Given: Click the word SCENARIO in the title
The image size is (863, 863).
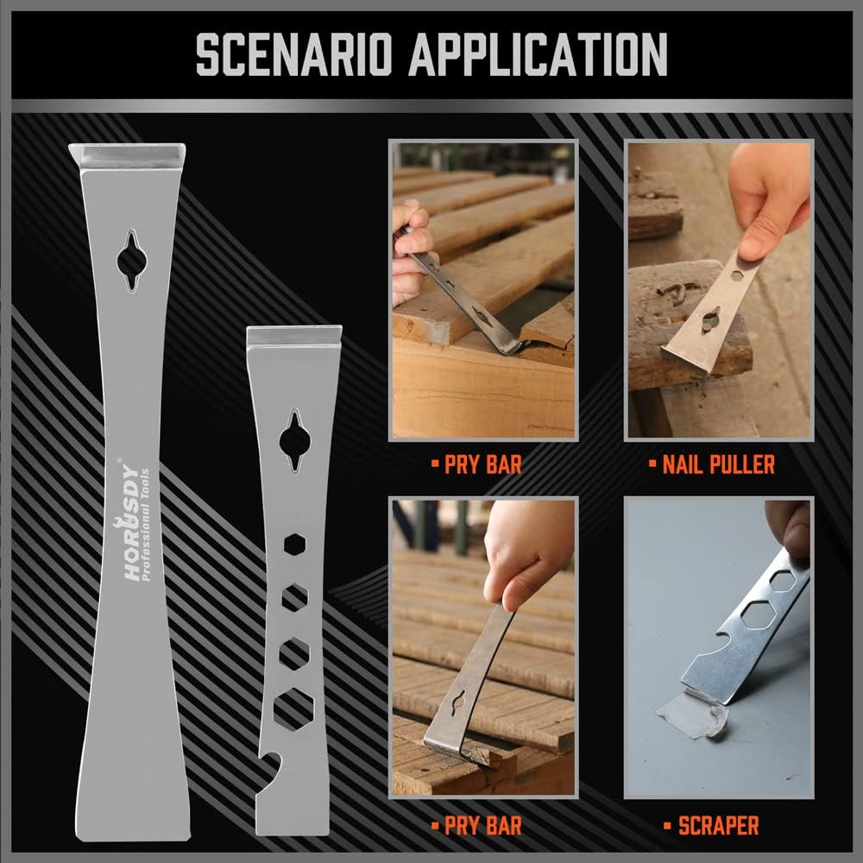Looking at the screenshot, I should click(294, 56).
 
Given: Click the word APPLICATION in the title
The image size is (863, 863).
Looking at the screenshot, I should click(537, 56).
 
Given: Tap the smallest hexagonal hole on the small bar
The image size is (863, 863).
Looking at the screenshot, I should click(293, 546).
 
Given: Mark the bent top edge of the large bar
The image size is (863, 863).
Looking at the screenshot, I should click(127, 156).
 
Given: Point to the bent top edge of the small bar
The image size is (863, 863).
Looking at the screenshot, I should click(294, 336).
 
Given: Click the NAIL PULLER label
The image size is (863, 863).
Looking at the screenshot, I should click(718, 466).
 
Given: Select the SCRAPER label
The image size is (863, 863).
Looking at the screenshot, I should click(718, 825).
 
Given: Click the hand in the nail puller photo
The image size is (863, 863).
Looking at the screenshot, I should click(768, 203).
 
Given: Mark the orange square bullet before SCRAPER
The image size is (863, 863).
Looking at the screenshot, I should click(667, 826).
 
